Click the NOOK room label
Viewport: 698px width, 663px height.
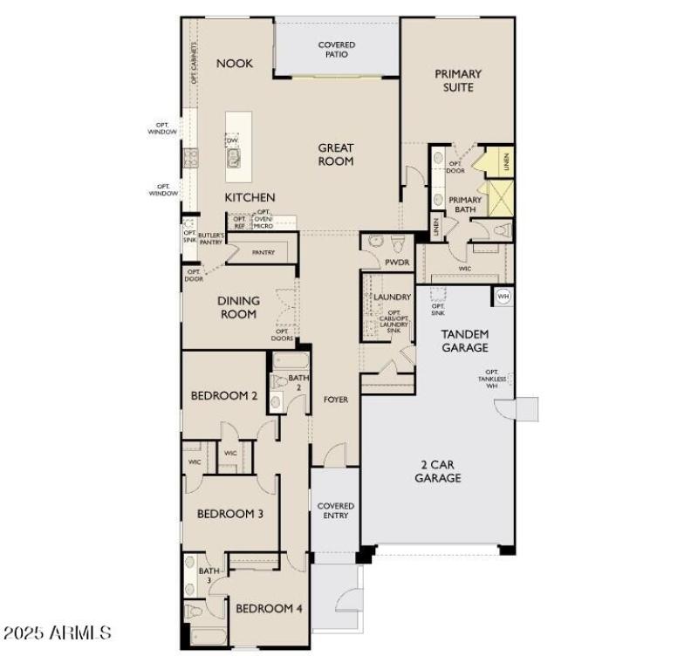tap(235, 63)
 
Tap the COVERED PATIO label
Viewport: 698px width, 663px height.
tap(336, 50)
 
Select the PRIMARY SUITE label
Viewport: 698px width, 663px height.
tap(458, 80)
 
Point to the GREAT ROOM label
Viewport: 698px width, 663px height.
tap(335, 154)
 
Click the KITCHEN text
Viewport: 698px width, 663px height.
tap(250, 198)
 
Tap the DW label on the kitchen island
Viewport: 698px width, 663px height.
tap(232, 140)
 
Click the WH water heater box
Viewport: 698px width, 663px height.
tap(503, 297)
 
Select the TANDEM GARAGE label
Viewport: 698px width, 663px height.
tap(464, 340)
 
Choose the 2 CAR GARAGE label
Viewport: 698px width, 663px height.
tap(437, 471)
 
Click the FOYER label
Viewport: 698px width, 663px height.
tap(336, 400)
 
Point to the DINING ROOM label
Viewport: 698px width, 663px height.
tap(238, 307)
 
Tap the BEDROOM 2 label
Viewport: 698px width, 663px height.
tap(224, 395)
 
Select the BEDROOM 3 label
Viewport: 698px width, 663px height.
tap(229, 514)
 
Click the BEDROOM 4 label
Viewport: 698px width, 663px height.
tap(269, 608)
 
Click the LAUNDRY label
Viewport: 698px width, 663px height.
tap(392, 297)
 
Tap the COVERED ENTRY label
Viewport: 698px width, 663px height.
tap(336, 510)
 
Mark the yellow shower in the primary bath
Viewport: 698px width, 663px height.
tap(500, 198)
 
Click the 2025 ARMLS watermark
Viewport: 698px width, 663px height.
tap(58, 632)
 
